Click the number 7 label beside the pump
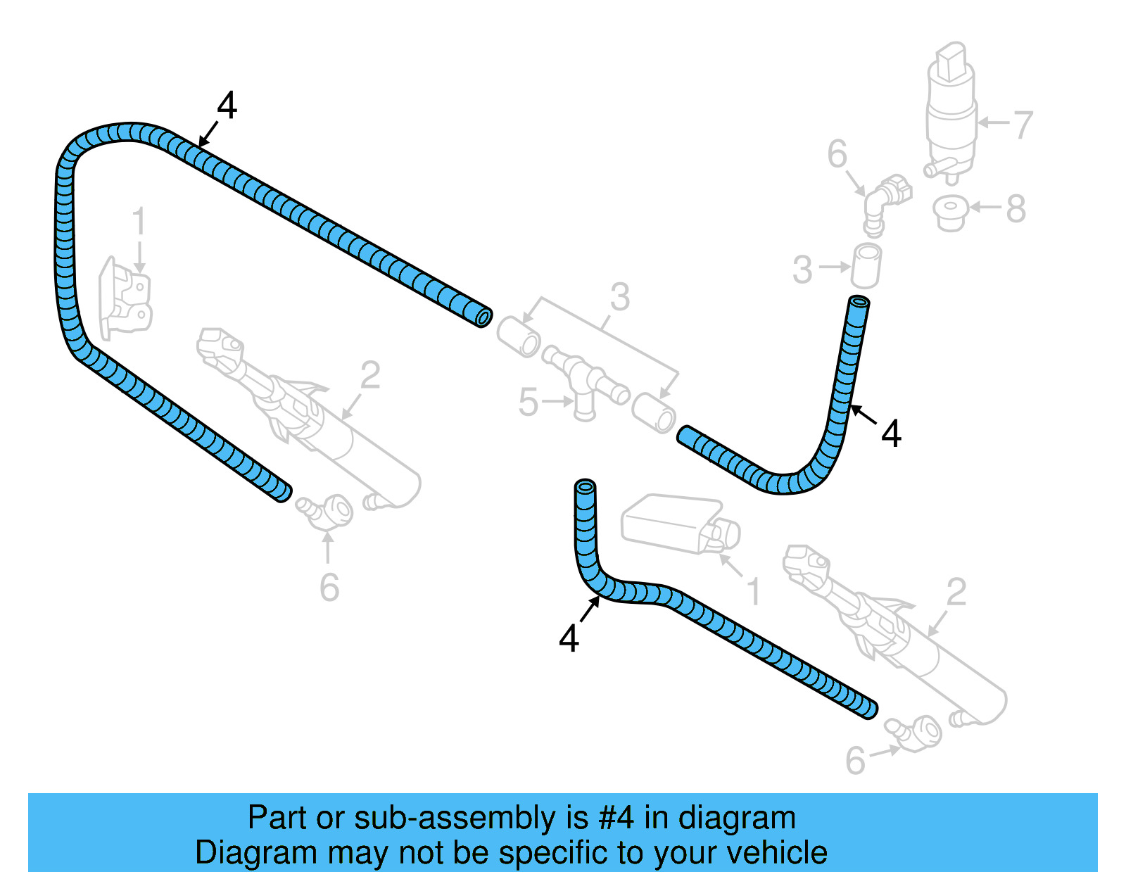coord(1023,125)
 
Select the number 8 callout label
coord(1016,208)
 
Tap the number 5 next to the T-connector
coord(528,403)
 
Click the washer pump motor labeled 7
coord(951,113)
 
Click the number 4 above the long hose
coord(227,106)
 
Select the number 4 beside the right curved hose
coord(891,434)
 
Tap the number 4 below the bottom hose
coord(569,638)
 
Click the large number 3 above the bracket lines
coord(619,297)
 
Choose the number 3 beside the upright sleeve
coord(802,270)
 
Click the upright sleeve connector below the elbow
coord(867,265)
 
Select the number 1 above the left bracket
coord(139,221)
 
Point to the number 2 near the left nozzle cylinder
coord(370,375)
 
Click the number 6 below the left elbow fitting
coord(329,588)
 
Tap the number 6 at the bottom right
coord(855,761)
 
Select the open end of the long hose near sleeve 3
coord(483,317)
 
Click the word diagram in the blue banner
coord(737,818)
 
